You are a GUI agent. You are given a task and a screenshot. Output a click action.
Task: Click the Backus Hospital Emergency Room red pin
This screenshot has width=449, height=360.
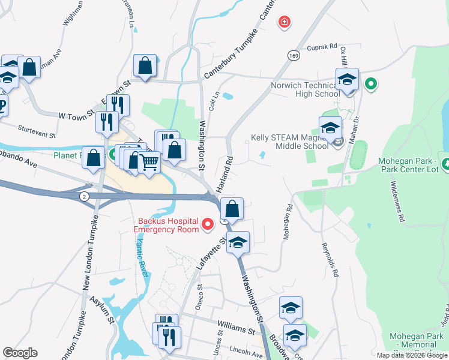(208, 224)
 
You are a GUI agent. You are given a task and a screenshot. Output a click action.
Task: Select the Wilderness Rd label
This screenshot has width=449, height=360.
(397, 201)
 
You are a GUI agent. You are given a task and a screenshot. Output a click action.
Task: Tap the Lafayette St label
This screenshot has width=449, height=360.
(215, 252)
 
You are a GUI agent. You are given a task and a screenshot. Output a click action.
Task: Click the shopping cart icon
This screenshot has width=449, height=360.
(150, 160)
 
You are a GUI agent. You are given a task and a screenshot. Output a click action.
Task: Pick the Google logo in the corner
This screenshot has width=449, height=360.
(20, 353)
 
